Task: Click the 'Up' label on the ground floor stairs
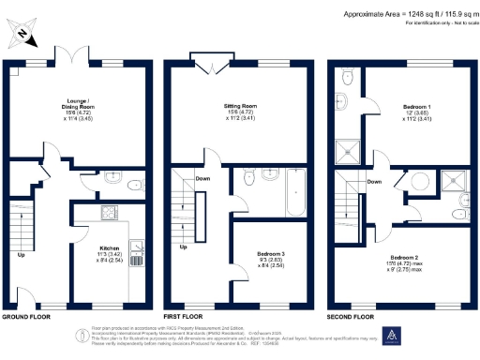(x=20, y=254)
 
